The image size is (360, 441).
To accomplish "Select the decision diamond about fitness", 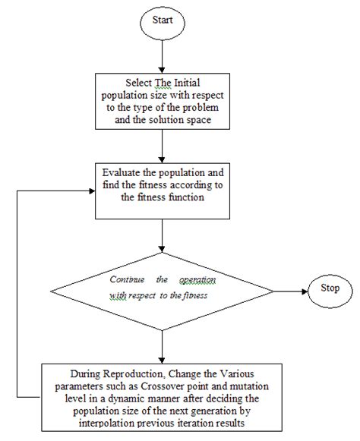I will pos(163,288).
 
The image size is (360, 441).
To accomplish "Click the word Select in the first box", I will pos(139,83).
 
